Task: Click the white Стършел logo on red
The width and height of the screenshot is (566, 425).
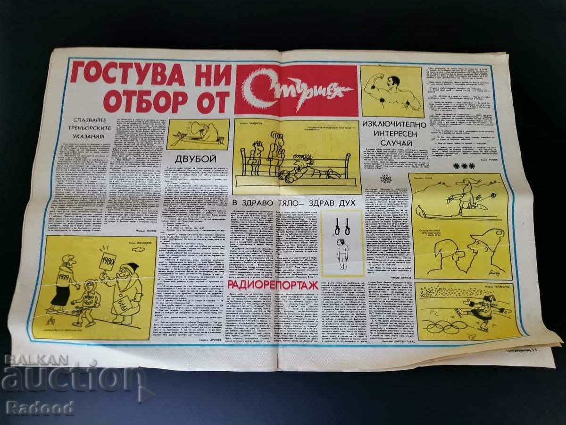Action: (296, 90)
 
